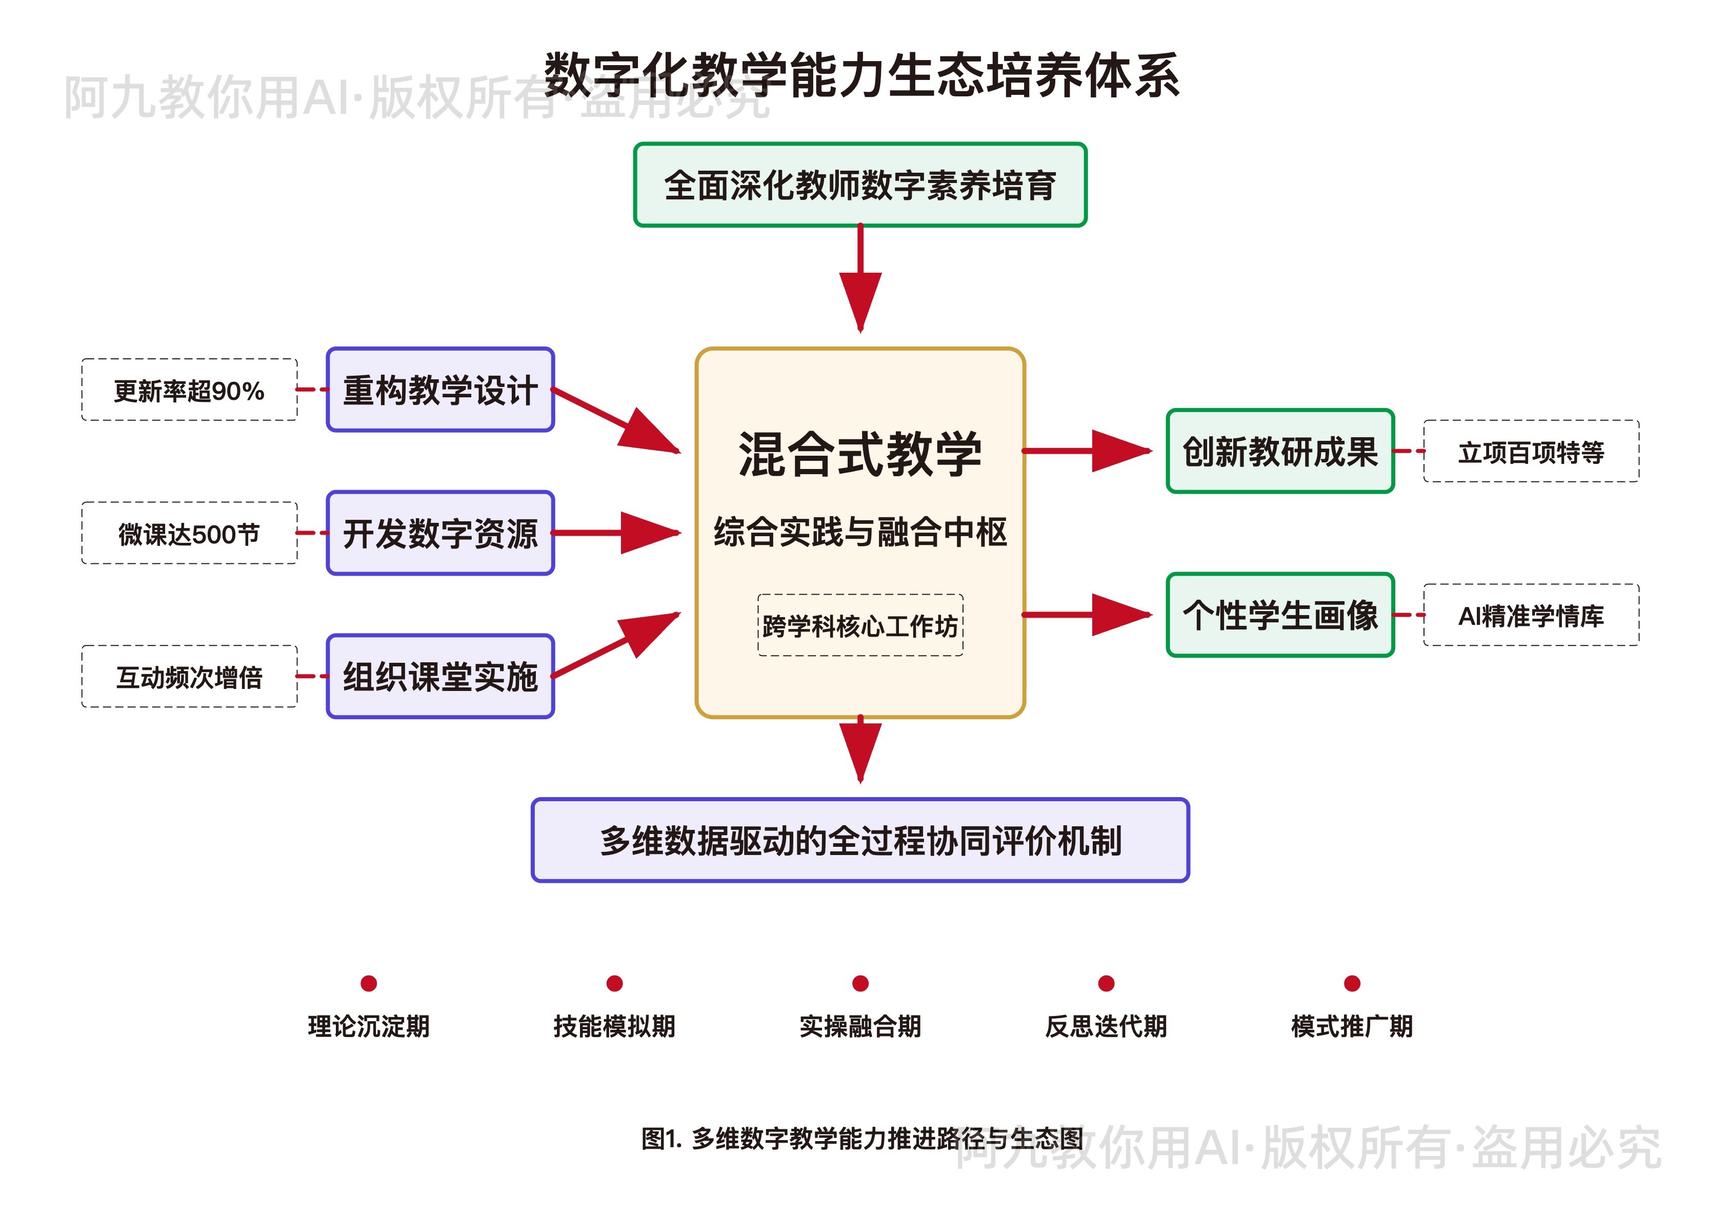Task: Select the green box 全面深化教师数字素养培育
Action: coord(860,185)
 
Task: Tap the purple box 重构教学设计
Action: coord(440,390)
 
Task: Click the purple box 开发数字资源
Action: coord(440,534)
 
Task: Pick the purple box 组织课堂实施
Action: coord(440,677)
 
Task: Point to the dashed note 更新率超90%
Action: coord(189,390)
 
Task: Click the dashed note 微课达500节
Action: coord(189,534)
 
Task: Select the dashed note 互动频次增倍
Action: coord(189,677)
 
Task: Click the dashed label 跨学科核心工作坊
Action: coord(860,625)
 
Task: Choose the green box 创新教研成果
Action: coord(1280,452)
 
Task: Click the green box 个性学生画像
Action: coord(1280,615)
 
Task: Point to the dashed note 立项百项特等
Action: coord(1531,452)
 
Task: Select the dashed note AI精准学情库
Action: coord(1531,615)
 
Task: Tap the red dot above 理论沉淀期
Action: coord(369,983)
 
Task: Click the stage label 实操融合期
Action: coord(860,1026)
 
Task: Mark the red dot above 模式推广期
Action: coord(1352,983)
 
